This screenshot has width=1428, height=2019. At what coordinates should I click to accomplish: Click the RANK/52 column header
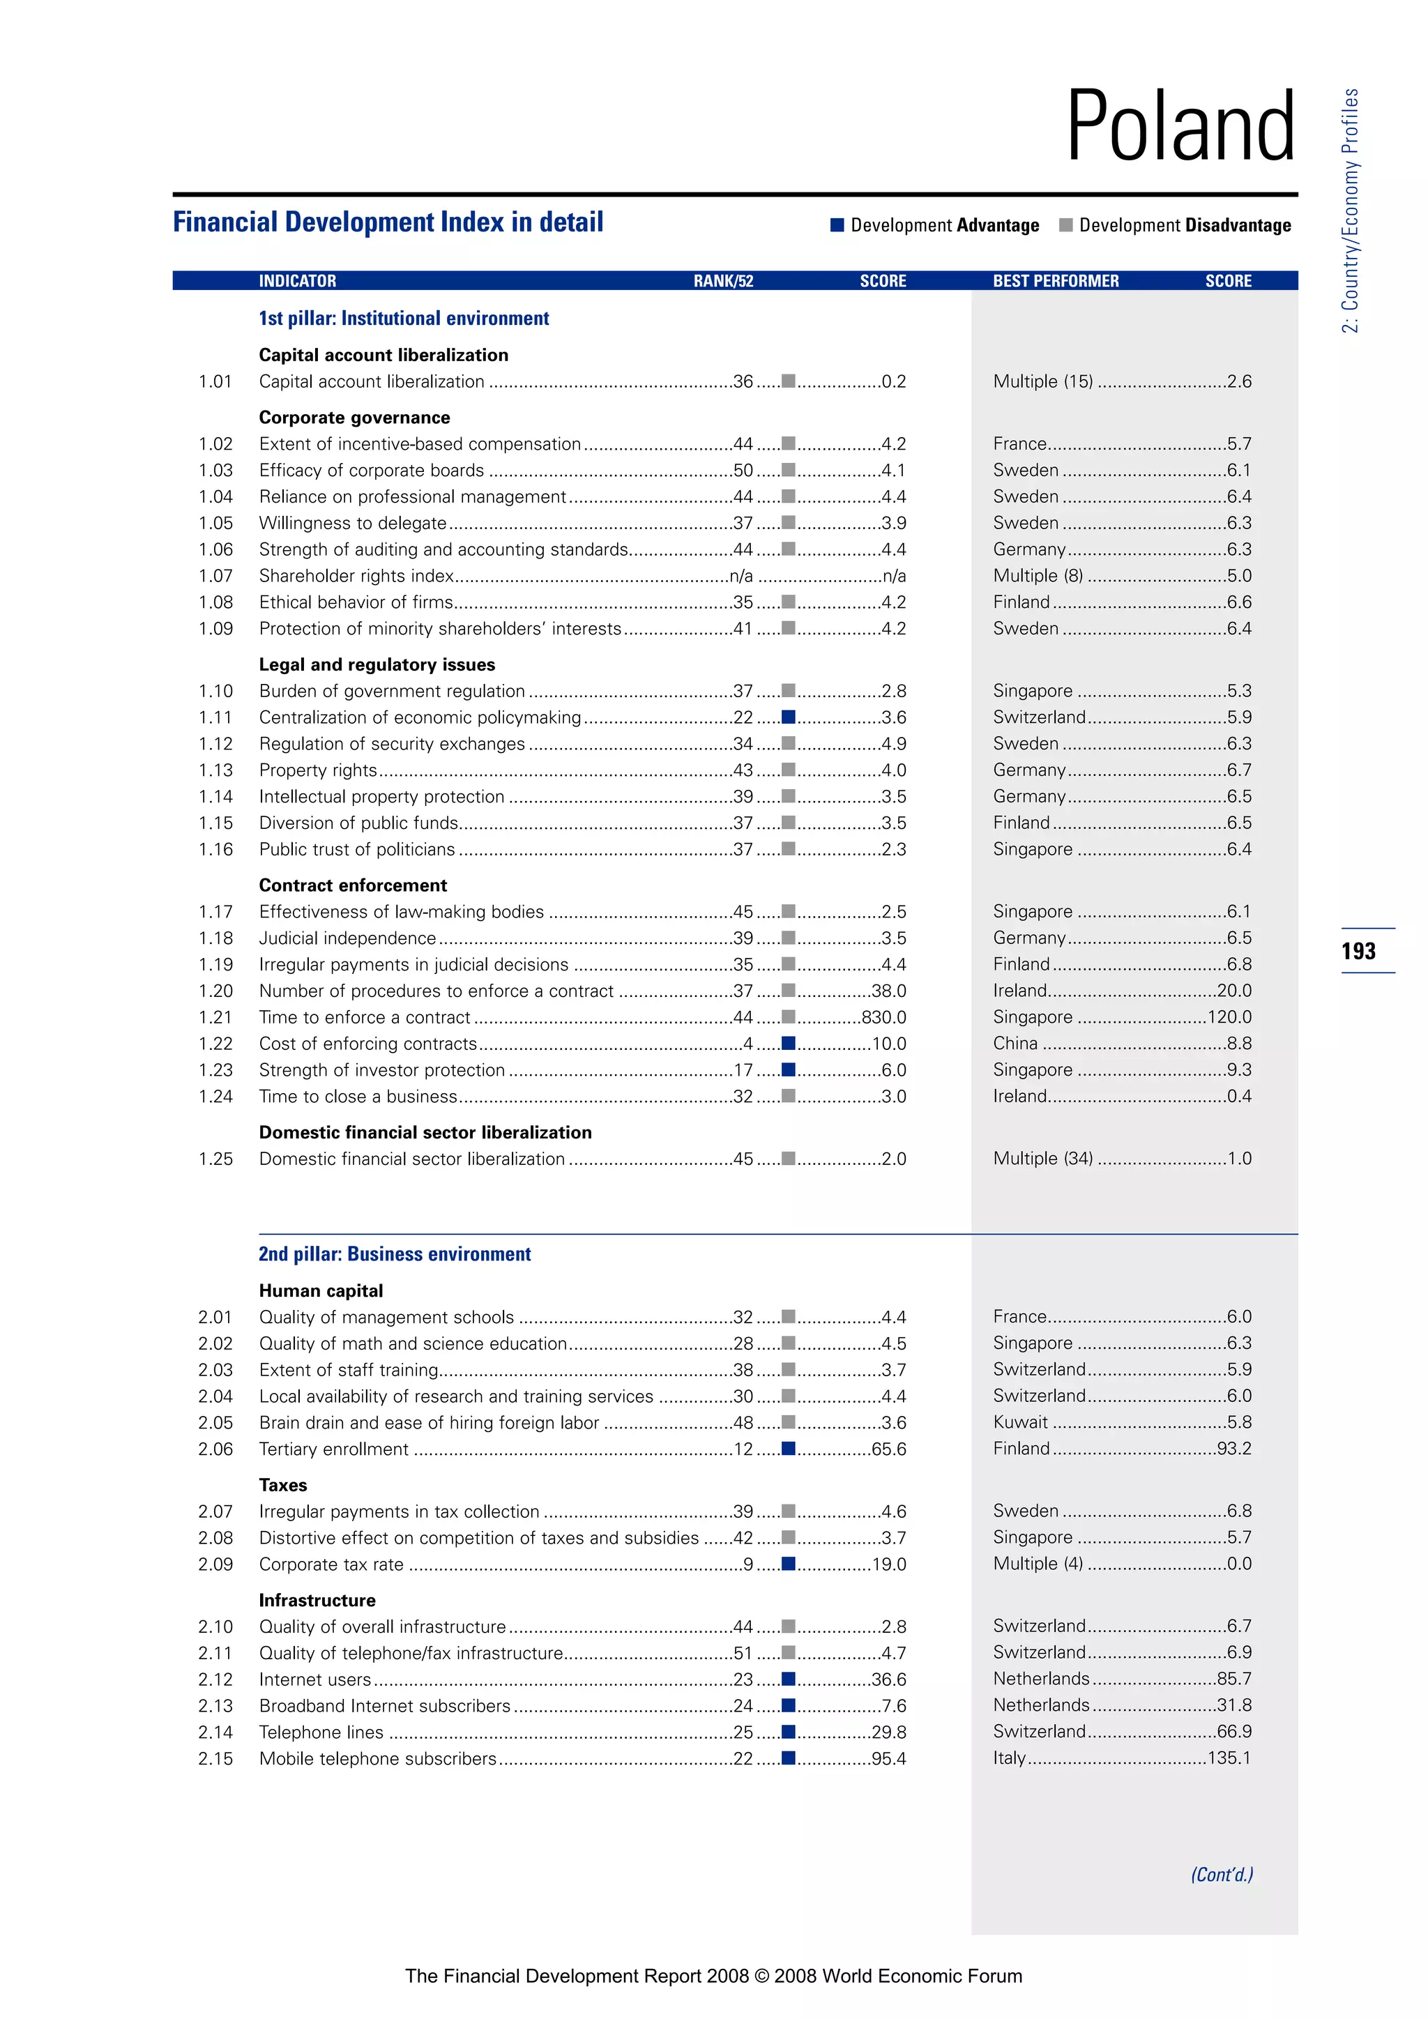[x=723, y=280]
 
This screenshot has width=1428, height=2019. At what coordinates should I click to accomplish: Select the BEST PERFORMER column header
[x=1055, y=280]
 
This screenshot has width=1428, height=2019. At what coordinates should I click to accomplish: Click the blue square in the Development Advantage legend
[x=837, y=225]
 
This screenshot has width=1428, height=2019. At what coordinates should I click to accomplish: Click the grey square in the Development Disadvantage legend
[x=1065, y=225]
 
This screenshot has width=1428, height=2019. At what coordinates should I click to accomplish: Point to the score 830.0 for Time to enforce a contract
[x=883, y=1016]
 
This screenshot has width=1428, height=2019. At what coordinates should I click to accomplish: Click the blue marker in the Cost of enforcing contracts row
[x=789, y=1043]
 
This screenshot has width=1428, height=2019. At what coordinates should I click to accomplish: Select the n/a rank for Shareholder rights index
[x=741, y=576]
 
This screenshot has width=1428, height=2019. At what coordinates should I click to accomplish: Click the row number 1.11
[x=215, y=717]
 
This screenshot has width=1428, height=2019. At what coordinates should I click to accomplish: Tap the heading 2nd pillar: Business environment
[x=395, y=1254]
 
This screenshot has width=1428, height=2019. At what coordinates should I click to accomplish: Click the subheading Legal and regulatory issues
[x=377, y=665]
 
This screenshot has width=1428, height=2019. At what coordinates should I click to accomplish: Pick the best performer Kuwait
[x=1020, y=1422]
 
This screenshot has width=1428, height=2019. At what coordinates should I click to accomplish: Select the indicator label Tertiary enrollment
[x=333, y=1449]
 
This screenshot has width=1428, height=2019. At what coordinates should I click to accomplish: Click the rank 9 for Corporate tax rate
[x=748, y=1564]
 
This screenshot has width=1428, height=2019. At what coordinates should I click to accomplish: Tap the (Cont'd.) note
[x=1222, y=1875]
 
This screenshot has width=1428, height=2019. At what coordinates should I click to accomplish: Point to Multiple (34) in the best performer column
[x=1043, y=1158]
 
